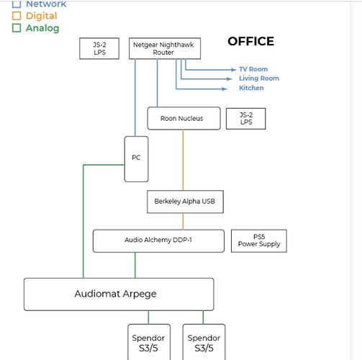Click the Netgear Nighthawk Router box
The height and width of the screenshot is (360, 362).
tap(165, 48)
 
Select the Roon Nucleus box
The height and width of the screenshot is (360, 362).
tap(184, 118)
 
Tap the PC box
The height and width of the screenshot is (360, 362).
tap(136, 159)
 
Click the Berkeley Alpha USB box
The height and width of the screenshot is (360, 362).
tap(185, 202)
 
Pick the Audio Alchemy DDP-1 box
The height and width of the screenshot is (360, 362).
tap(158, 240)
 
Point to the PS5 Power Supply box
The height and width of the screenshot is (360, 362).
tap(259, 240)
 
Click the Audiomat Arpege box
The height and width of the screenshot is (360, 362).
tap(119, 294)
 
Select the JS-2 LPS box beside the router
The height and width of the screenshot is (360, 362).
tap(99, 48)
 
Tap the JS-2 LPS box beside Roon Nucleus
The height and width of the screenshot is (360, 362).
tap(246, 119)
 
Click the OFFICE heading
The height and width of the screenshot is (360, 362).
tap(251, 41)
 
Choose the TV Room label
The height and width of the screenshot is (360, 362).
tap(253, 69)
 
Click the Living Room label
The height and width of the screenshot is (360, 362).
tap(259, 78)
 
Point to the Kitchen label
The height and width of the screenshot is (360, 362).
tap(251, 88)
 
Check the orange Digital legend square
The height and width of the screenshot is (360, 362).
tap(17, 16)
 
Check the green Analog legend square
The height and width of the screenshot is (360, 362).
tap(17, 28)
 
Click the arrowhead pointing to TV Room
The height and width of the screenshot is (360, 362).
tap(234, 70)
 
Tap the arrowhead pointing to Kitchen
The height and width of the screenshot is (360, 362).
tap(225, 89)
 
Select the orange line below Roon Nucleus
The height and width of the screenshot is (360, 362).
tap(183, 160)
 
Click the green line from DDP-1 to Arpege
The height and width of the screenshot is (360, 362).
tap(135, 265)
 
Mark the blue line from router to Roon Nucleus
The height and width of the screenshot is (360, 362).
tap(158, 83)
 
